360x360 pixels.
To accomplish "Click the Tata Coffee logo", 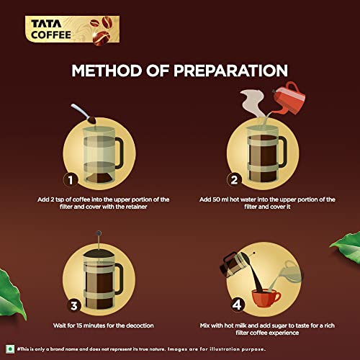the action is (72, 30).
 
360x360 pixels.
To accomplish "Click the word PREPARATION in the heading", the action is (230, 71).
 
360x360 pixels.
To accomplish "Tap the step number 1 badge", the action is (71, 180).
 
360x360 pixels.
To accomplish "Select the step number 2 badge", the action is (234, 180).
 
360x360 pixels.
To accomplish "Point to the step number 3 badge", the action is (74, 306).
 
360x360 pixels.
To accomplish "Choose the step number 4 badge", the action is (237, 305).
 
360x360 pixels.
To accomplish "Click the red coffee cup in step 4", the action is (266, 298).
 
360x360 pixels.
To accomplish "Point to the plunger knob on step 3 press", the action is (99, 233).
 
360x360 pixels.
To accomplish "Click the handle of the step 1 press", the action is (119, 153).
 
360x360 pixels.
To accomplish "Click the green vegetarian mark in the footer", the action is (10, 348).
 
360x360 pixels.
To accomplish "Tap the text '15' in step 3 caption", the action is (79, 325).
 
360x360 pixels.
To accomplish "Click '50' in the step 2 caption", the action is (216, 199).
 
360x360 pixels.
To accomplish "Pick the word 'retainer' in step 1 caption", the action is (137, 207).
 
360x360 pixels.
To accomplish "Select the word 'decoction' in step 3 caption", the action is (140, 325).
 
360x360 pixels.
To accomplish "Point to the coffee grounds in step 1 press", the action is (99, 178).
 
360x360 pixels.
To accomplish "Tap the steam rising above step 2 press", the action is (252, 103).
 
